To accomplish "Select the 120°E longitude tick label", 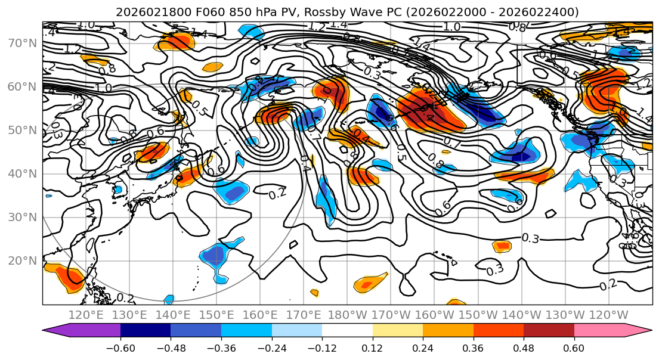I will (x=86, y=315).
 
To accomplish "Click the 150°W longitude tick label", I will (x=478, y=315).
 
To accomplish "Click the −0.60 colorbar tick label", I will (x=120, y=346).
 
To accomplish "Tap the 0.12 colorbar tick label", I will (x=372, y=346).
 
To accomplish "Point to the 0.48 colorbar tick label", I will (x=523, y=346).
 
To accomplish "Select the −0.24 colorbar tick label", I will (x=271, y=346).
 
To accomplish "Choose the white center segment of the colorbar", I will (x=347, y=331).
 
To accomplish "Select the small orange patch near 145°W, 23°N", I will (x=502, y=246).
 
